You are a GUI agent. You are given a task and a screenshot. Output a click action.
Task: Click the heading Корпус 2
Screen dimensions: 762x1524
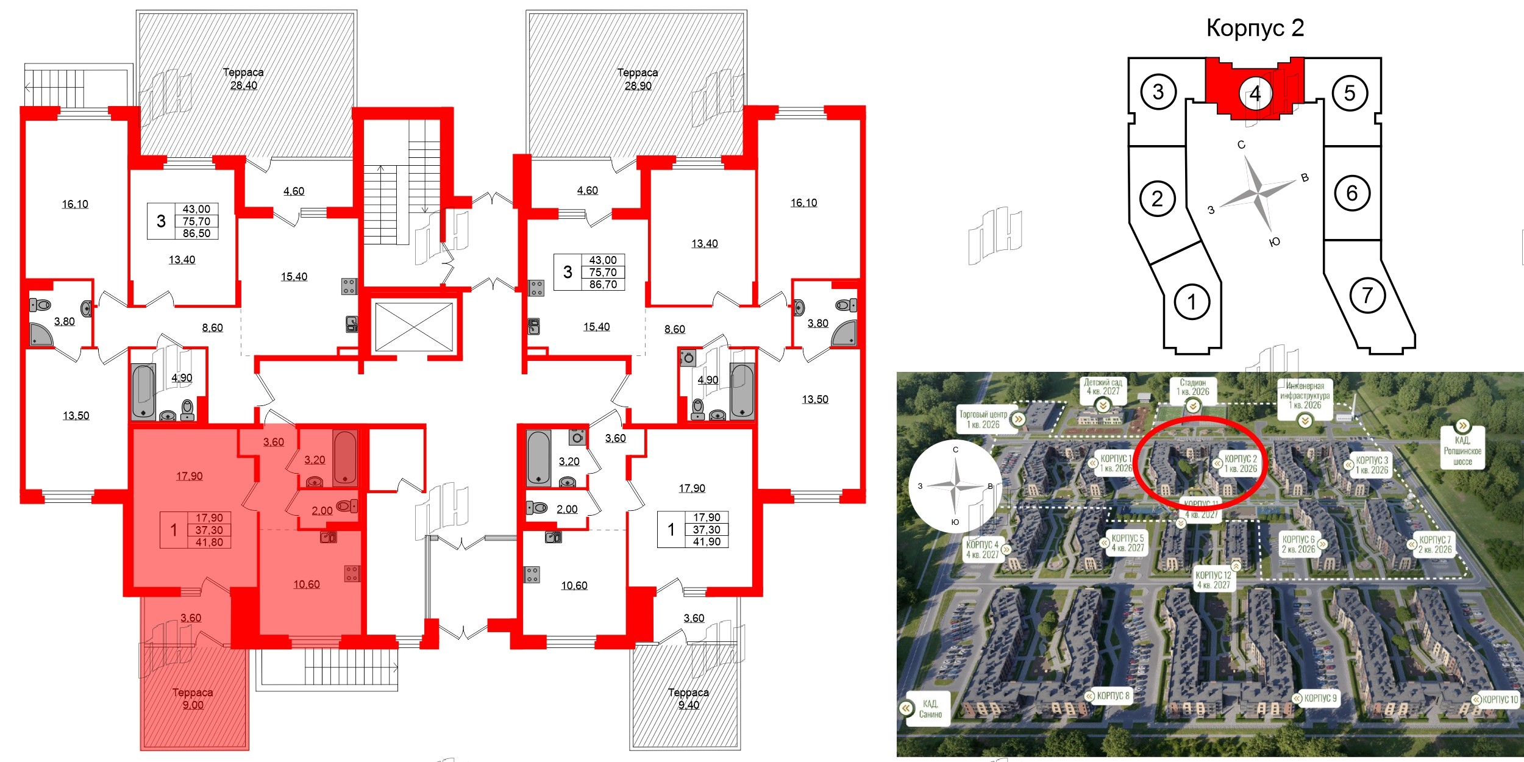click(1255, 28)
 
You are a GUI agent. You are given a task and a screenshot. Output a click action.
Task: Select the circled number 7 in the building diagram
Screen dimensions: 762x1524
click(1367, 296)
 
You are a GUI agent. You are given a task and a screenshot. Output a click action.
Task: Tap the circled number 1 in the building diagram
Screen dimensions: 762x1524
click(1191, 301)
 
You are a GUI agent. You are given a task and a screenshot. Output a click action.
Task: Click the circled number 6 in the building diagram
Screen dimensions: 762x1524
click(1351, 193)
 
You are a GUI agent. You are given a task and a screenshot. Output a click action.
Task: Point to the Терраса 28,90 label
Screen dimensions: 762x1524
click(638, 79)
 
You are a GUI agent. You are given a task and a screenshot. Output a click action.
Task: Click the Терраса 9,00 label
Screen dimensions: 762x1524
click(193, 699)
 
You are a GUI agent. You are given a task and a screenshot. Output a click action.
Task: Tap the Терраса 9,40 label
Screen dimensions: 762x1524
click(688, 699)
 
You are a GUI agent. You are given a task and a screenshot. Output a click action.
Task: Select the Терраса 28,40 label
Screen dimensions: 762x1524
click(243, 79)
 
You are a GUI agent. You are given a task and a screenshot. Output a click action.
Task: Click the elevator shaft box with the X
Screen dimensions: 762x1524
click(414, 327)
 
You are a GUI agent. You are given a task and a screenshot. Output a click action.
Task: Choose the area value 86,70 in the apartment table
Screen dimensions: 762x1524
click(603, 284)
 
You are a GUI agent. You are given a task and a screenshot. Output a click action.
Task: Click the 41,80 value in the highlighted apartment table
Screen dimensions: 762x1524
click(209, 542)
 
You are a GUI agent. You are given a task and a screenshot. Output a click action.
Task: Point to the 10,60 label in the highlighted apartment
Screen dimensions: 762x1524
click(306, 584)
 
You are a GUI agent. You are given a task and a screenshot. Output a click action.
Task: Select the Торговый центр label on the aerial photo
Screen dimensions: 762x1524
click(983, 419)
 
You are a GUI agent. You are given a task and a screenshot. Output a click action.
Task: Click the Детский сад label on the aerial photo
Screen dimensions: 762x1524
click(1103, 387)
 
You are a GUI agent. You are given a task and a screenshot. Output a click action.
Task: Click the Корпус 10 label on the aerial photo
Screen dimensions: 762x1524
click(1500, 699)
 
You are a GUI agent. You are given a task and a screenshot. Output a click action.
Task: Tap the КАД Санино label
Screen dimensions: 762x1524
click(930, 709)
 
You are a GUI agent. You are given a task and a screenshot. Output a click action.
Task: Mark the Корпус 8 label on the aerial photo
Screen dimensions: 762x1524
click(1113, 696)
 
